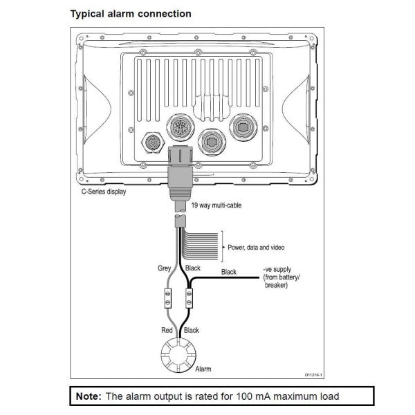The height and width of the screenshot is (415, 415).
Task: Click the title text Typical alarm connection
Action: click(131, 14)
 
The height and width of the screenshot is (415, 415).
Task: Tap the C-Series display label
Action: click(104, 192)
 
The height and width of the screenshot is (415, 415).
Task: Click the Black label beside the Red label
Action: click(191, 331)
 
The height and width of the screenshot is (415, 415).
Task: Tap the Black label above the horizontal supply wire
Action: click(228, 272)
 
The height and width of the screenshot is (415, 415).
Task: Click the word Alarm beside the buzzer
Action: click(203, 369)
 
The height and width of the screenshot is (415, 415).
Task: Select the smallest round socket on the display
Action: click(152, 144)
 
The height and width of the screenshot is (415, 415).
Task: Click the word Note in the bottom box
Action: click(88, 396)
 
